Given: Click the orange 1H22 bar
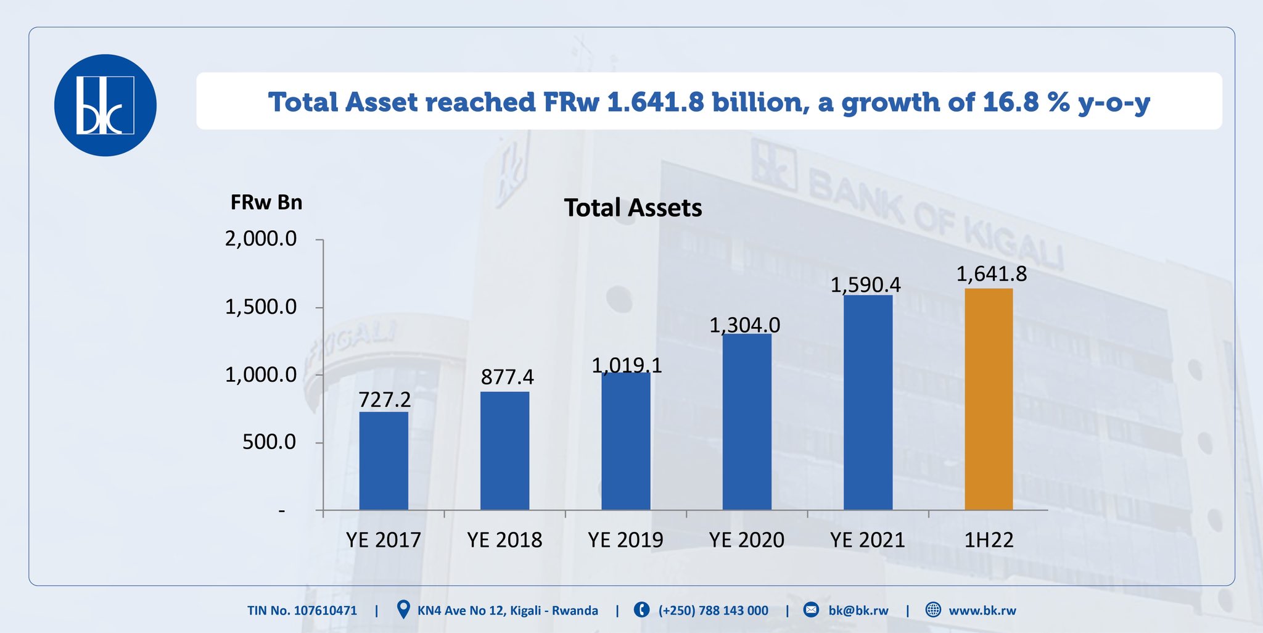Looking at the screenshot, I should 989,399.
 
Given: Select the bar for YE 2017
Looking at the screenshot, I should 384,461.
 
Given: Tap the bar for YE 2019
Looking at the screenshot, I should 626,441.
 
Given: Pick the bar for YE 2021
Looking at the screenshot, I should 868,402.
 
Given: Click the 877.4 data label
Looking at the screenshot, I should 507,377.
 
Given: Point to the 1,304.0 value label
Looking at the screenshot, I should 744,325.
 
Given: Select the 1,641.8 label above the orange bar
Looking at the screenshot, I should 991,274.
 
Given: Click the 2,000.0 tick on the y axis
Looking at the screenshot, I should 261,239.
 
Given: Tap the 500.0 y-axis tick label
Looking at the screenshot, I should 269,442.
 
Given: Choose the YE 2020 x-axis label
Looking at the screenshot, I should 746,540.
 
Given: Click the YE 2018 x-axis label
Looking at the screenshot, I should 504,540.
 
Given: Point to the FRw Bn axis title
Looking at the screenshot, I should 266,202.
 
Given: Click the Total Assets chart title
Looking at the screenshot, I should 633,208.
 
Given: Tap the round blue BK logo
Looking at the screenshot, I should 105,105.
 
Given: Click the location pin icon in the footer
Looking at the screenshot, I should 403,610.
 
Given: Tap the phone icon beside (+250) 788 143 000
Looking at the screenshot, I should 641,610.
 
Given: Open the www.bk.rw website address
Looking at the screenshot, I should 982,611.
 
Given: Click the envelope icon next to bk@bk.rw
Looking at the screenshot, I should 812,610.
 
